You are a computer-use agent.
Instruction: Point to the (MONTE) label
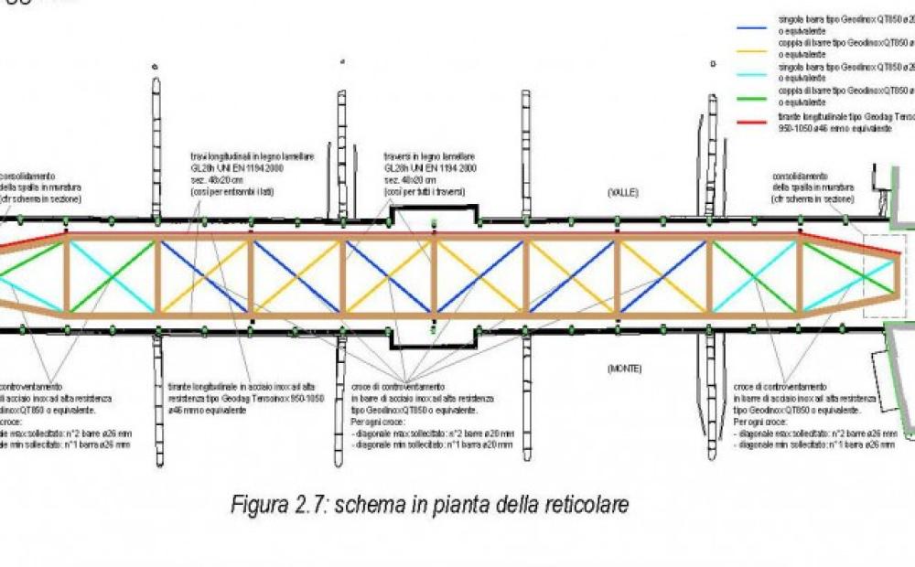point(626,369)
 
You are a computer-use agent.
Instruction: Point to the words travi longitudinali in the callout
point(218,157)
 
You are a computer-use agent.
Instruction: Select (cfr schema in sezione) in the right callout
point(813,198)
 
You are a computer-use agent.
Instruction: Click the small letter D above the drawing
point(712,63)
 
